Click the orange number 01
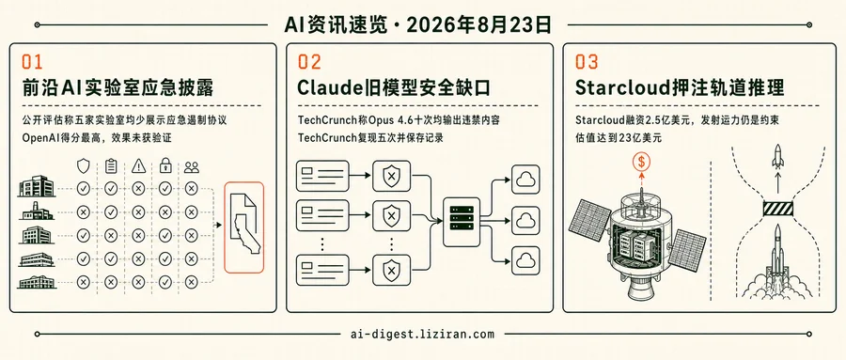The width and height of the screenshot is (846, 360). pos(31,61)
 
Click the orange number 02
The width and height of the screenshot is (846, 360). pos(309,61)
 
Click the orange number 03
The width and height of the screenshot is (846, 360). pos(587,61)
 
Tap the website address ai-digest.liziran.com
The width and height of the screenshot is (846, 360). pos(422,334)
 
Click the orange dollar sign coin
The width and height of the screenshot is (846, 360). pos(642,161)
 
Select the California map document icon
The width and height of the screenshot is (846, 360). pos(243,227)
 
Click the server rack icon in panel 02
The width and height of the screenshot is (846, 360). pos(462,222)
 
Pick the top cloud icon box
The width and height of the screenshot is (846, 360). pos(525,180)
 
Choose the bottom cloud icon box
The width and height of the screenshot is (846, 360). pos(525,260)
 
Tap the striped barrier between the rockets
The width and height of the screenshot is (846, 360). pos(777,209)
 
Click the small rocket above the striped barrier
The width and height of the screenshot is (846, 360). pos(777,157)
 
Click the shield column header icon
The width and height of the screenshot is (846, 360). pos(83,166)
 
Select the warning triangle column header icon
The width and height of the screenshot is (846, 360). pos(139,166)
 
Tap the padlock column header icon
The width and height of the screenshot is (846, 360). pos(164,166)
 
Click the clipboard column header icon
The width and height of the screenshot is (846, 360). pos(111,166)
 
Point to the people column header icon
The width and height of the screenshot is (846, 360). pos(191,167)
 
